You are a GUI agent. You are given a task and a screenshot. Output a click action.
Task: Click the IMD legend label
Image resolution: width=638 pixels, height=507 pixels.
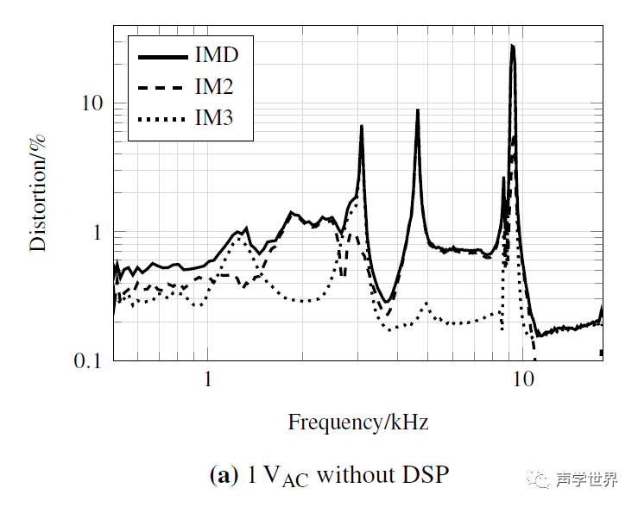216,56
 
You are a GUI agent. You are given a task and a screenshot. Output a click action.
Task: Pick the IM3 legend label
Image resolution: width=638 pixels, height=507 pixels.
214,118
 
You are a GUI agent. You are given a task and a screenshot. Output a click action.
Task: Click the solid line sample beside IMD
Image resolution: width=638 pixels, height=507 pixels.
163,56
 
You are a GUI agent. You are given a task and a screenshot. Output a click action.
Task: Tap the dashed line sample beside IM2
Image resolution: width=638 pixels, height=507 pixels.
163,87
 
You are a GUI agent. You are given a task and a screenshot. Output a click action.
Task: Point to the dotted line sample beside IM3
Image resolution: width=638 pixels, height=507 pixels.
163,118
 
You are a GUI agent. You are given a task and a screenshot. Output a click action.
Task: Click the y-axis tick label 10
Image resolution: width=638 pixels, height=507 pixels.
91,103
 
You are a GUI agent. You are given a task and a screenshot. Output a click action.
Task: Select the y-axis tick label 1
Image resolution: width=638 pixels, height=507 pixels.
97,232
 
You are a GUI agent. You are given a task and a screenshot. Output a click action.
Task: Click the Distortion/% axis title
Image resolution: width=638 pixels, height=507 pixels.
39,192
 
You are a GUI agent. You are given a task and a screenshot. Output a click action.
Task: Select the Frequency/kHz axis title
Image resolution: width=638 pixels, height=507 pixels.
358,422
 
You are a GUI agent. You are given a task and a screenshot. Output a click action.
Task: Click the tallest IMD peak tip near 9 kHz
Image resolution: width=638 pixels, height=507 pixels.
512,46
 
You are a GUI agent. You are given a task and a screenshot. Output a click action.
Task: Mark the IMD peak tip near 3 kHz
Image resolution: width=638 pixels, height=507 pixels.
362,126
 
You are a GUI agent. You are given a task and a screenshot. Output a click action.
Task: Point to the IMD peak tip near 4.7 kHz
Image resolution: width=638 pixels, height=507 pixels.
418,110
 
